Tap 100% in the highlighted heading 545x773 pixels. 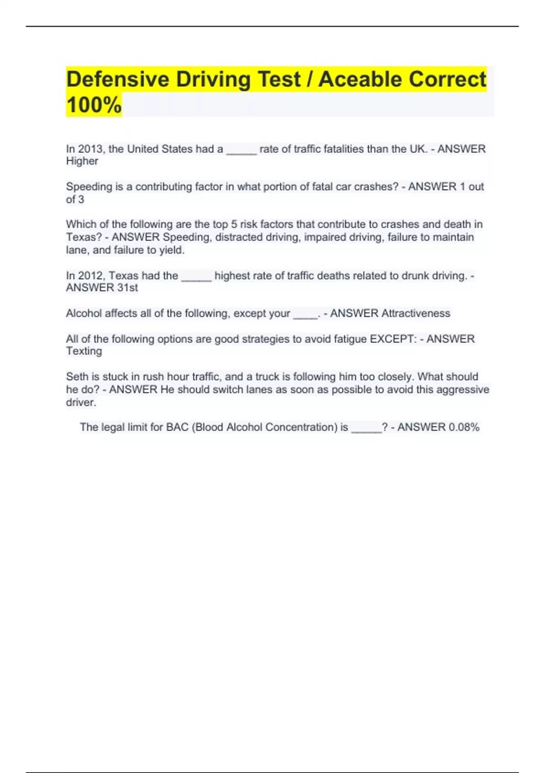[94, 105]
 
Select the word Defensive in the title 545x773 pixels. [118, 79]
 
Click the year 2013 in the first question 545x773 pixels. [90, 149]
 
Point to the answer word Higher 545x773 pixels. [82, 161]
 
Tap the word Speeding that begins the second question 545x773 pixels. [85, 187]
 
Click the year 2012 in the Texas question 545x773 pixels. [90, 276]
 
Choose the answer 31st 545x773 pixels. [127, 288]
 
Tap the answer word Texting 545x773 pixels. [84, 351]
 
